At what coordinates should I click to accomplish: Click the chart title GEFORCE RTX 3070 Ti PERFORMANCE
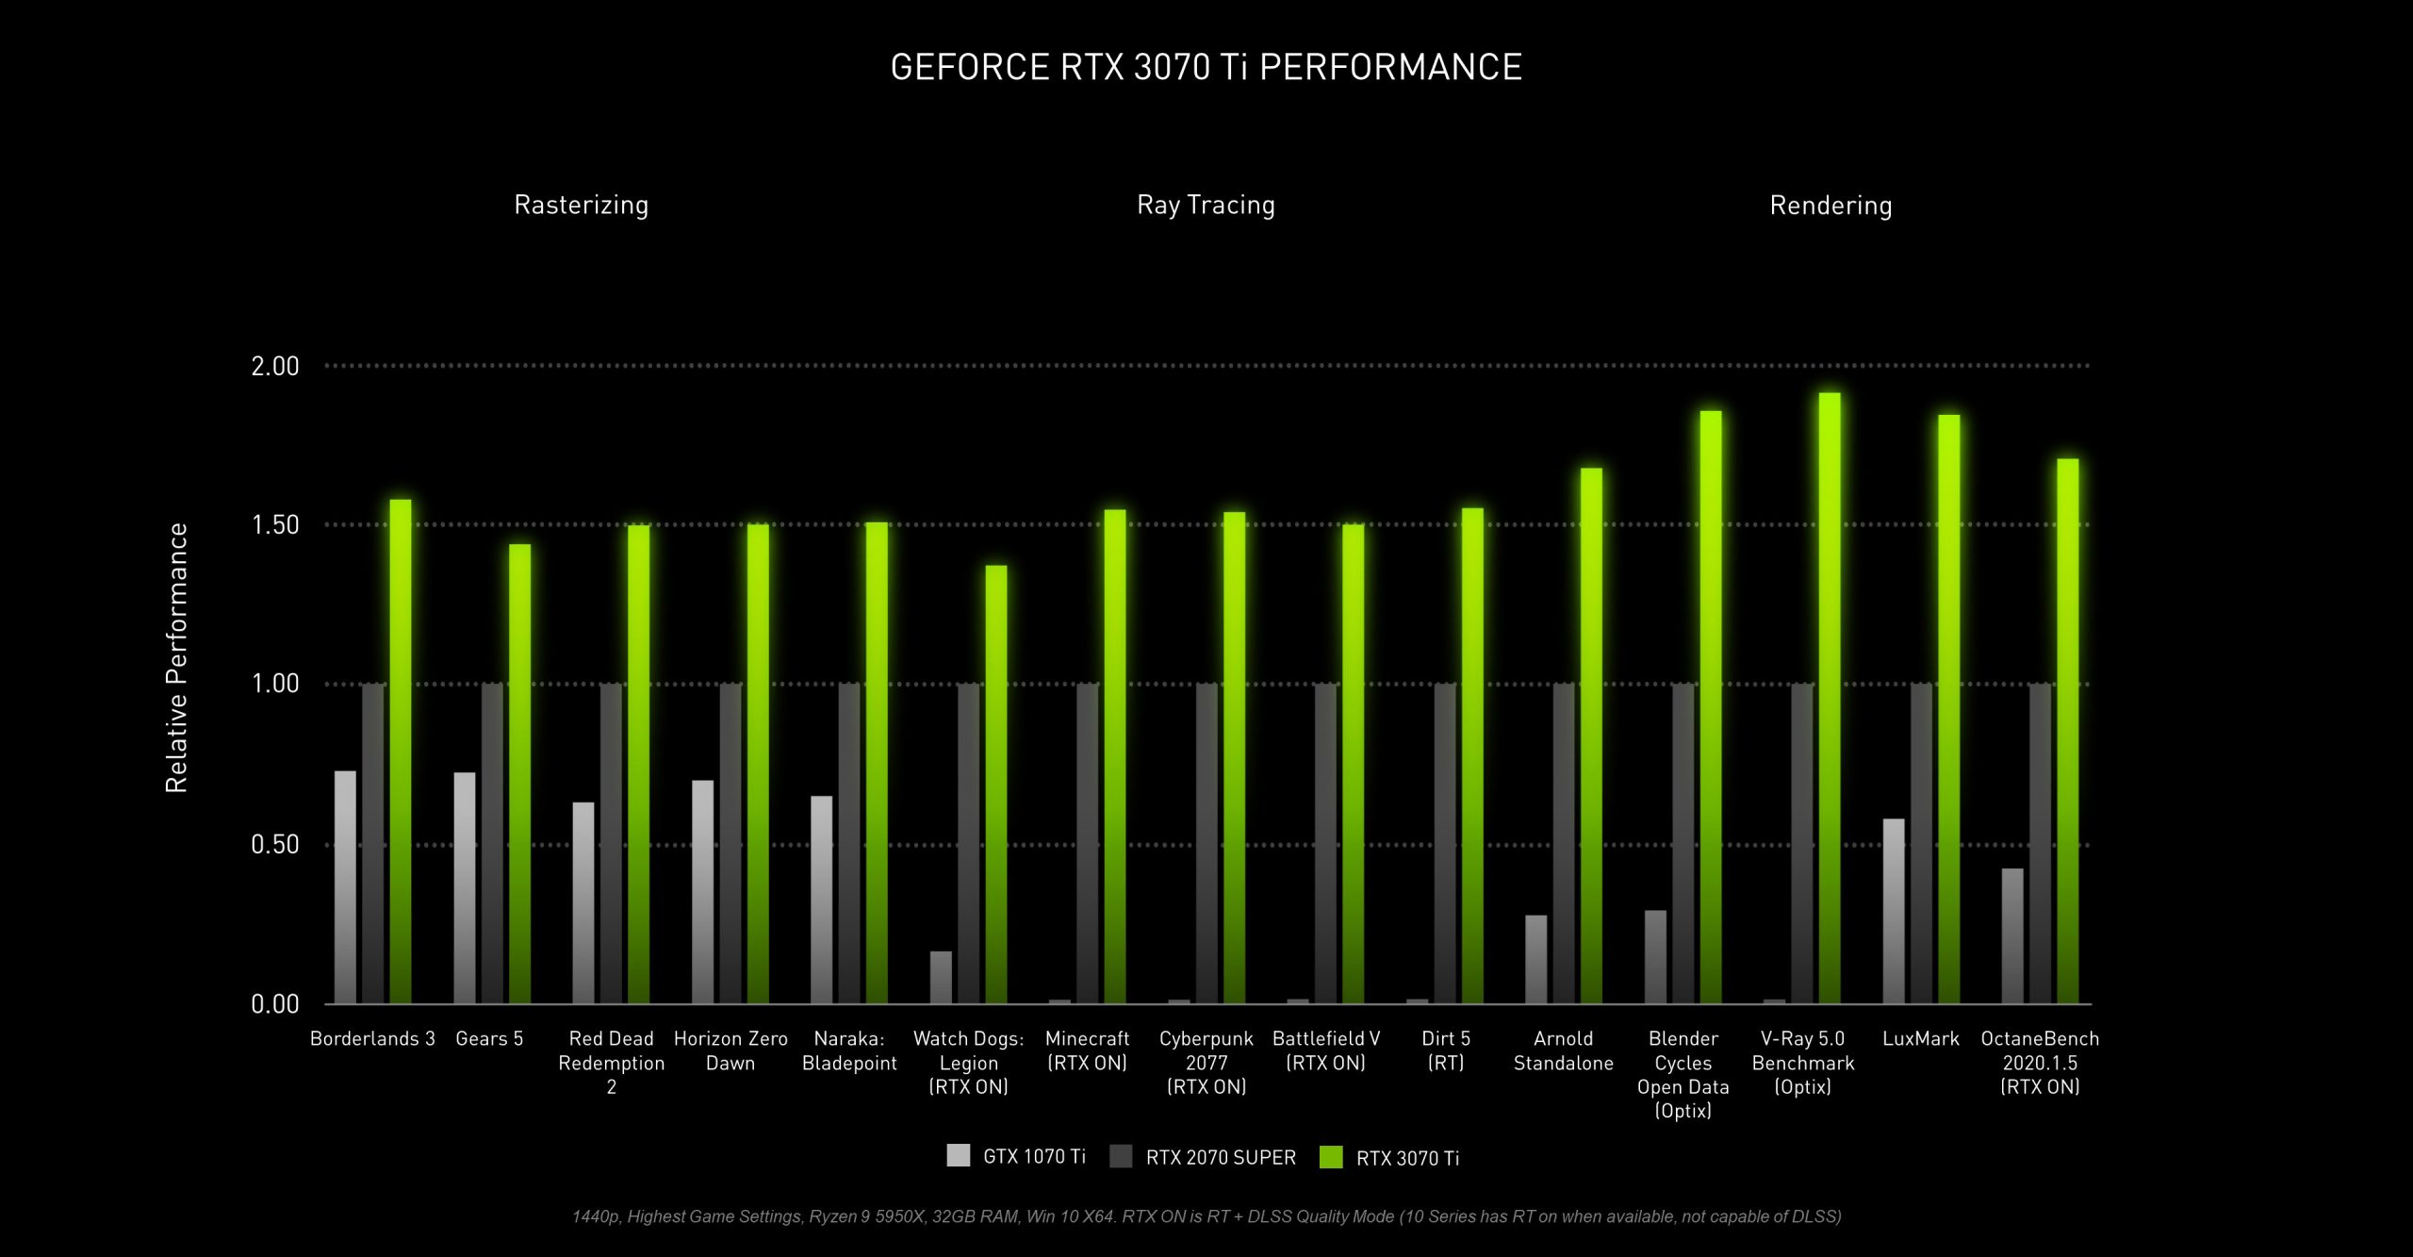click(x=1206, y=67)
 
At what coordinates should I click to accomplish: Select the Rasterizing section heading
click(x=581, y=206)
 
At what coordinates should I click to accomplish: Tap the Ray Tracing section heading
click(x=1206, y=206)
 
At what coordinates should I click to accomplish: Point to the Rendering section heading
click(x=1830, y=206)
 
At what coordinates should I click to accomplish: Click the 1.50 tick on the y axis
click(x=274, y=525)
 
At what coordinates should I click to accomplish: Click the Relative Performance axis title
click(x=177, y=657)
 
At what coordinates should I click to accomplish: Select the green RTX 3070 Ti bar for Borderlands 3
click(x=401, y=754)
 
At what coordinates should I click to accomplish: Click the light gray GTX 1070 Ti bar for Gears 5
click(x=465, y=886)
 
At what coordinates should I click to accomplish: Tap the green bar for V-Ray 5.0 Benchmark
click(x=1830, y=698)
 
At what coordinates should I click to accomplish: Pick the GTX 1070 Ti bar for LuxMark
click(x=1894, y=910)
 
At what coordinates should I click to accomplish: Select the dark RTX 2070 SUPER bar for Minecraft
click(x=1088, y=844)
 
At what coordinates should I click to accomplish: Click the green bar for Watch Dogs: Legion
click(x=996, y=783)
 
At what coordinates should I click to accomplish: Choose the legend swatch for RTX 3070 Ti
click(x=1331, y=1157)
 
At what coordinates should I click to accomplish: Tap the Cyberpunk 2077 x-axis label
click(x=1206, y=1063)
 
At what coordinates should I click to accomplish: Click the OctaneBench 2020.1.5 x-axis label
click(x=2040, y=1063)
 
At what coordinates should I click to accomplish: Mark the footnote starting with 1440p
click(x=1206, y=1216)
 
